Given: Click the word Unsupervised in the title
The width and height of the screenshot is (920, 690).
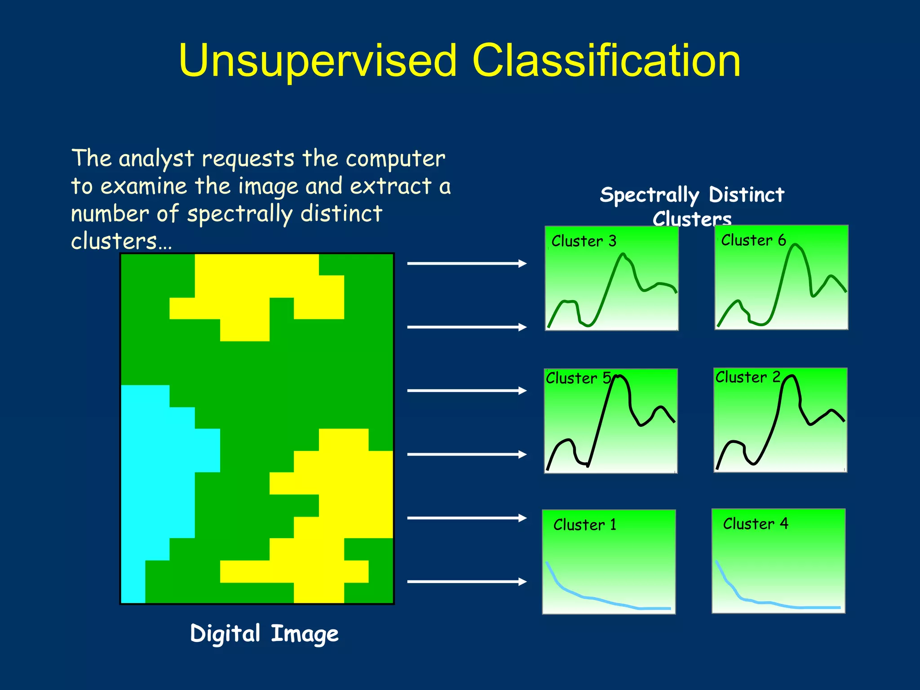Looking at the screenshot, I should click(317, 61).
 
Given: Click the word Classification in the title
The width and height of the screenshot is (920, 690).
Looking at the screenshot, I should click(606, 61).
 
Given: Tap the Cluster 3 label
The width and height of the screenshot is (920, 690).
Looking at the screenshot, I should click(584, 241).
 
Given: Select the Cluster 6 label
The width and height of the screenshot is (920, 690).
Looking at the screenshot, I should click(753, 240).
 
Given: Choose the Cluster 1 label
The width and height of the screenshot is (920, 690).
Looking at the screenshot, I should click(584, 525).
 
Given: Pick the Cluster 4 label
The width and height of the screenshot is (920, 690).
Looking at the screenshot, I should click(755, 524).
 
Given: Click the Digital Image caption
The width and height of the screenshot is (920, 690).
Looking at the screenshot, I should click(264, 634).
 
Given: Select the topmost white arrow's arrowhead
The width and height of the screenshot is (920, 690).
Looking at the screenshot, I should click(522, 263).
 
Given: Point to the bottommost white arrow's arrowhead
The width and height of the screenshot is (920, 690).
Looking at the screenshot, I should click(522, 582).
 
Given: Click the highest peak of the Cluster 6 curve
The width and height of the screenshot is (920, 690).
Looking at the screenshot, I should click(795, 245).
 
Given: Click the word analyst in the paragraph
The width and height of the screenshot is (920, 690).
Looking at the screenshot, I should click(156, 159).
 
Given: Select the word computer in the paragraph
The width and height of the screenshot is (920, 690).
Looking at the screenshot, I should click(395, 159).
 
